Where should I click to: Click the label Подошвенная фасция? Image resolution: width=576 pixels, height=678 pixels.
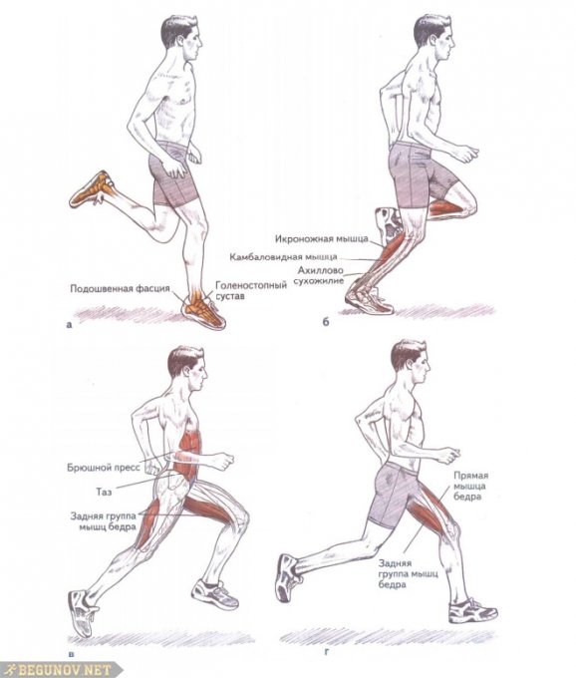click(x=121, y=288)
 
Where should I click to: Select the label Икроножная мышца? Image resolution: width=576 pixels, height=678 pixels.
click(x=322, y=238)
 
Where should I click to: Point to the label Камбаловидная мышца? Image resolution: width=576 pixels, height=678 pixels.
click(x=283, y=257)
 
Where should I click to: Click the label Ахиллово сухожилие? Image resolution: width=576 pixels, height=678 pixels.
click(x=319, y=275)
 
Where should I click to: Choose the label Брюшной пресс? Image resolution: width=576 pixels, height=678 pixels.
click(x=104, y=468)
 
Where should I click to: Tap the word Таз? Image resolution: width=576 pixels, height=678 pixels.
click(x=104, y=492)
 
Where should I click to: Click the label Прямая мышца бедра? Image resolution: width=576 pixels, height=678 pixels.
click(x=471, y=486)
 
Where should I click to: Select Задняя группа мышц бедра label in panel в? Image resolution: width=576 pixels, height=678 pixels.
click(x=104, y=521)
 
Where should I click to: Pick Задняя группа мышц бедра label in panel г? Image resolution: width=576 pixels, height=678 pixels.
click(x=408, y=573)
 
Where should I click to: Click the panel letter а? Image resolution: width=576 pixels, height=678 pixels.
click(x=69, y=324)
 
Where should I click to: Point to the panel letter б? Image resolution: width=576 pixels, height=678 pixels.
click(x=326, y=321)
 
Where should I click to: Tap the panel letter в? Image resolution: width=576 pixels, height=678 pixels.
click(x=71, y=654)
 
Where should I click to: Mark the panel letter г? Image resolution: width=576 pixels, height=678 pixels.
click(x=327, y=651)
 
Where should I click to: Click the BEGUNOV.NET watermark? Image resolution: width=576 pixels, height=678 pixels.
click(x=61, y=670)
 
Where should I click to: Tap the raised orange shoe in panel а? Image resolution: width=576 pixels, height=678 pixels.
click(x=92, y=189)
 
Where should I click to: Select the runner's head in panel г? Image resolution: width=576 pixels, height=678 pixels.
click(x=410, y=362)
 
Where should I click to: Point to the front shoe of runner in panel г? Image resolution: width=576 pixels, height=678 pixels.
click(x=472, y=610)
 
